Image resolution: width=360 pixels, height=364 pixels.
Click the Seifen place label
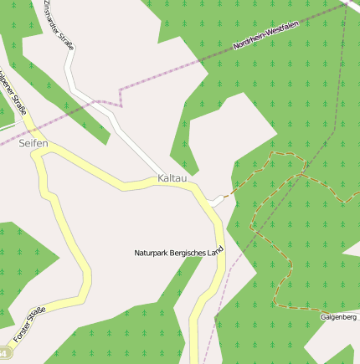coord(33,145)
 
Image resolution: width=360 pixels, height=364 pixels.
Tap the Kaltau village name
coord(172,179)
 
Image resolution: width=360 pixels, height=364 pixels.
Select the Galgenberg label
coord(339,317)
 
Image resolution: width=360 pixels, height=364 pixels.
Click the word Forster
coord(21,334)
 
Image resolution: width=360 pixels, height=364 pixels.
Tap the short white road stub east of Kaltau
coord(217,200)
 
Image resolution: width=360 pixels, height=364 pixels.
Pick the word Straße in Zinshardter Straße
coord(69,40)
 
